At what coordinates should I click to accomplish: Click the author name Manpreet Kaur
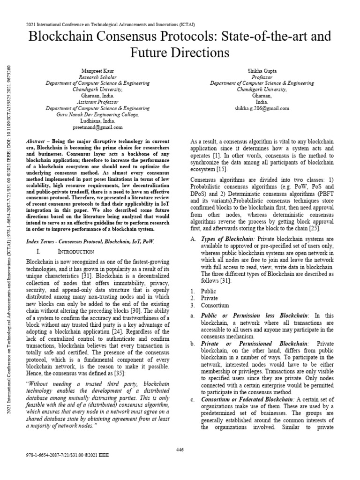(x=97, y=70)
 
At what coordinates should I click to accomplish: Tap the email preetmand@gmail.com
(x=97, y=127)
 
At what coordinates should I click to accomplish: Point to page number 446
(x=180, y=450)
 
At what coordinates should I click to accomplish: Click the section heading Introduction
(x=76, y=252)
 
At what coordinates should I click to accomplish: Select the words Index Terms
(x=39, y=241)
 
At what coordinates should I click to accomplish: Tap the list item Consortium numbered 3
(x=215, y=305)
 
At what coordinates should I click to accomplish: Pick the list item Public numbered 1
(x=209, y=291)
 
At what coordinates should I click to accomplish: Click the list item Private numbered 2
(x=209, y=298)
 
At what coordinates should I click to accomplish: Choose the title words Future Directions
(x=180, y=52)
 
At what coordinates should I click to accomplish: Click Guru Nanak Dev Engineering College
(x=97, y=114)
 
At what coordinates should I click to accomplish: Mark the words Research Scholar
(x=97, y=77)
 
